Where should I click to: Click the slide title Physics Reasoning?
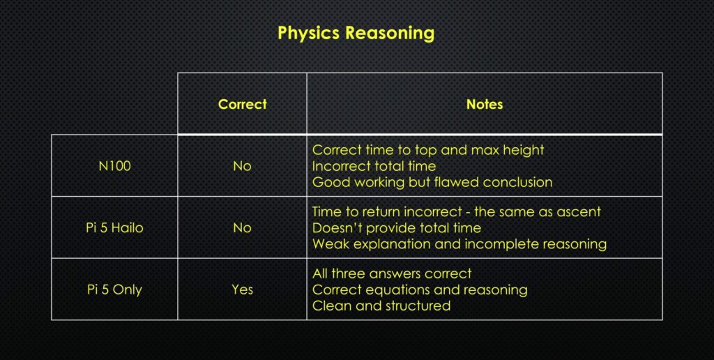pyautogui.click(x=356, y=33)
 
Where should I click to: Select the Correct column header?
pyautogui.click(x=242, y=104)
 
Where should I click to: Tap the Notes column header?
pyautogui.click(x=485, y=104)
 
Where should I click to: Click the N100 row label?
pyautogui.click(x=114, y=166)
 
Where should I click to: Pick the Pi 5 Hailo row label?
pyautogui.click(x=114, y=227)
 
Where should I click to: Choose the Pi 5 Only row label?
pyautogui.click(x=114, y=289)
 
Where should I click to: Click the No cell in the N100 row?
pyautogui.click(x=242, y=166)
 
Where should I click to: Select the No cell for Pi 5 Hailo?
pyautogui.click(x=242, y=227)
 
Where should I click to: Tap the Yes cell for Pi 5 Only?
pyautogui.click(x=242, y=289)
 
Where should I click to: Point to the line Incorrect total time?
pyautogui.click(x=374, y=166)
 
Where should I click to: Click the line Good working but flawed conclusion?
pyautogui.click(x=432, y=183)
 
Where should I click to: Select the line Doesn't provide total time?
pyautogui.click(x=396, y=227)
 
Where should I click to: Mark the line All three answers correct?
pyautogui.click(x=392, y=273)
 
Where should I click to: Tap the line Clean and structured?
pyautogui.click(x=381, y=306)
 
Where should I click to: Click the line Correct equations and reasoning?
pyautogui.click(x=420, y=289)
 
